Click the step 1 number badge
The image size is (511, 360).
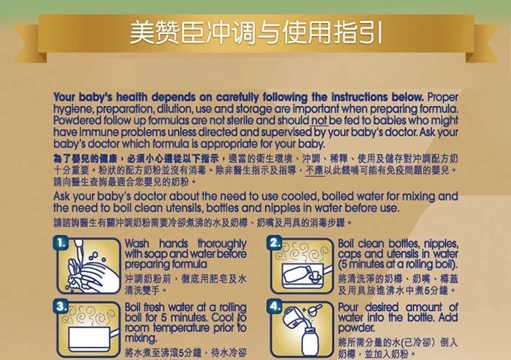pyautogui.click(x=61, y=243)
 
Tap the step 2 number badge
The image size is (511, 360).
pyautogui.click(x=274, y=243)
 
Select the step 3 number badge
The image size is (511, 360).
pyautogui.click(x=61, y=307)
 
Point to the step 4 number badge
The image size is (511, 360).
pyautogui.click(x=274, y=307)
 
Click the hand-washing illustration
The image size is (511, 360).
pyautogui.click(x=89, y=266)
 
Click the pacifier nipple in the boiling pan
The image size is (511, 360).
pyautogui.click(x=315, y=276)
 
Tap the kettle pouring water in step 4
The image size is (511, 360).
pyautogui.click(x=291, y=316)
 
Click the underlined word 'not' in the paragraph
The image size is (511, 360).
pyautogui.click(x=319, y=120)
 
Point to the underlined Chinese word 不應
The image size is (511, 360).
pyautogui.click(x=315, y=170)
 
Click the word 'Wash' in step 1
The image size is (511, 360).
pyautogui.click(x=137, y=243)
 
